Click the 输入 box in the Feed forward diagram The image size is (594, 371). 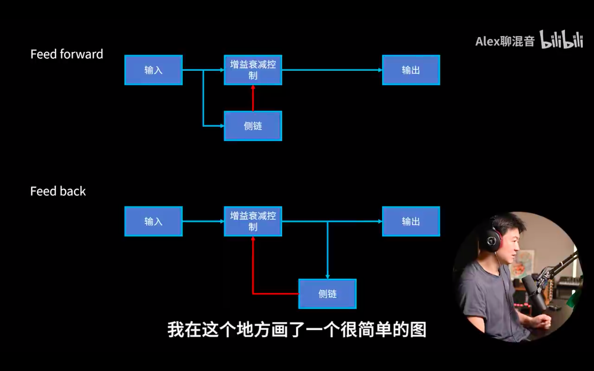pos(153,70)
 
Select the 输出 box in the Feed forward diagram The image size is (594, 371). pos(411,70)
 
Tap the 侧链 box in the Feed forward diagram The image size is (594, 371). pos(253,126)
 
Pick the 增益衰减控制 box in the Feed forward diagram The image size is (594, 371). pos(253,70)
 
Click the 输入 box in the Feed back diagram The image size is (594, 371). pos(153,221)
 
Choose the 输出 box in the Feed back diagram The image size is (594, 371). pos(411,221)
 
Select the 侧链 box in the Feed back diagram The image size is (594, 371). pos(328,294)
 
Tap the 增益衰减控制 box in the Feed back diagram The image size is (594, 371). pos(253,221)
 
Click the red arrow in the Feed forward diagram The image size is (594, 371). pos(253,98)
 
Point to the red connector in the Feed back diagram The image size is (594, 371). pos(253,276)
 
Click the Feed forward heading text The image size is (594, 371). pos(67,54)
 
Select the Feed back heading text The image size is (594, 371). pos(58,191)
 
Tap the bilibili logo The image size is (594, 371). pos(561,39)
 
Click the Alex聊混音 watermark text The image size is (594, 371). pos(505,41)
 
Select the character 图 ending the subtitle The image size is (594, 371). pos(418,330)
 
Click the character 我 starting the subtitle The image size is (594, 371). pos(176,330)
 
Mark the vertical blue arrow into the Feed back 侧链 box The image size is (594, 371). pos(328,250)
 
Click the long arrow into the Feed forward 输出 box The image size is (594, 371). pos(332,70)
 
